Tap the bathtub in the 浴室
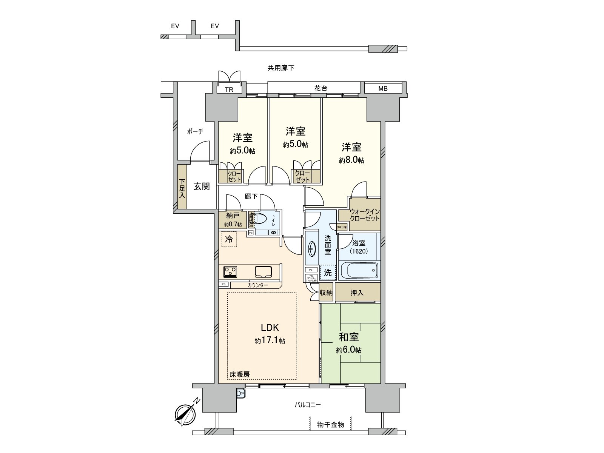pos(359,270)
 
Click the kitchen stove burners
pos(230,271)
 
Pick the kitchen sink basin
pos(263,271)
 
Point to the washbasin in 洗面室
pos(312,249)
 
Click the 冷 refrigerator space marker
pos(229,239)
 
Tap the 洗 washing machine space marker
pos(328,272)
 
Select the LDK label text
pos(270,327)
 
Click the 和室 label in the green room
pos(348,336)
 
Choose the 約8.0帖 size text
pos(351,160)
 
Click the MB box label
pos(383,89)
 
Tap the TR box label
pos(229,90)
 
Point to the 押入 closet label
pos(357,293)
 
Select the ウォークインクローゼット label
pos(364,215)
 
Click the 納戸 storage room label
pos(233,216)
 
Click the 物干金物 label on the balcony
pos(331,425)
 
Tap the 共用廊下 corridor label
pos(281,68)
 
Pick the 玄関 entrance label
pos(202,186)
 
